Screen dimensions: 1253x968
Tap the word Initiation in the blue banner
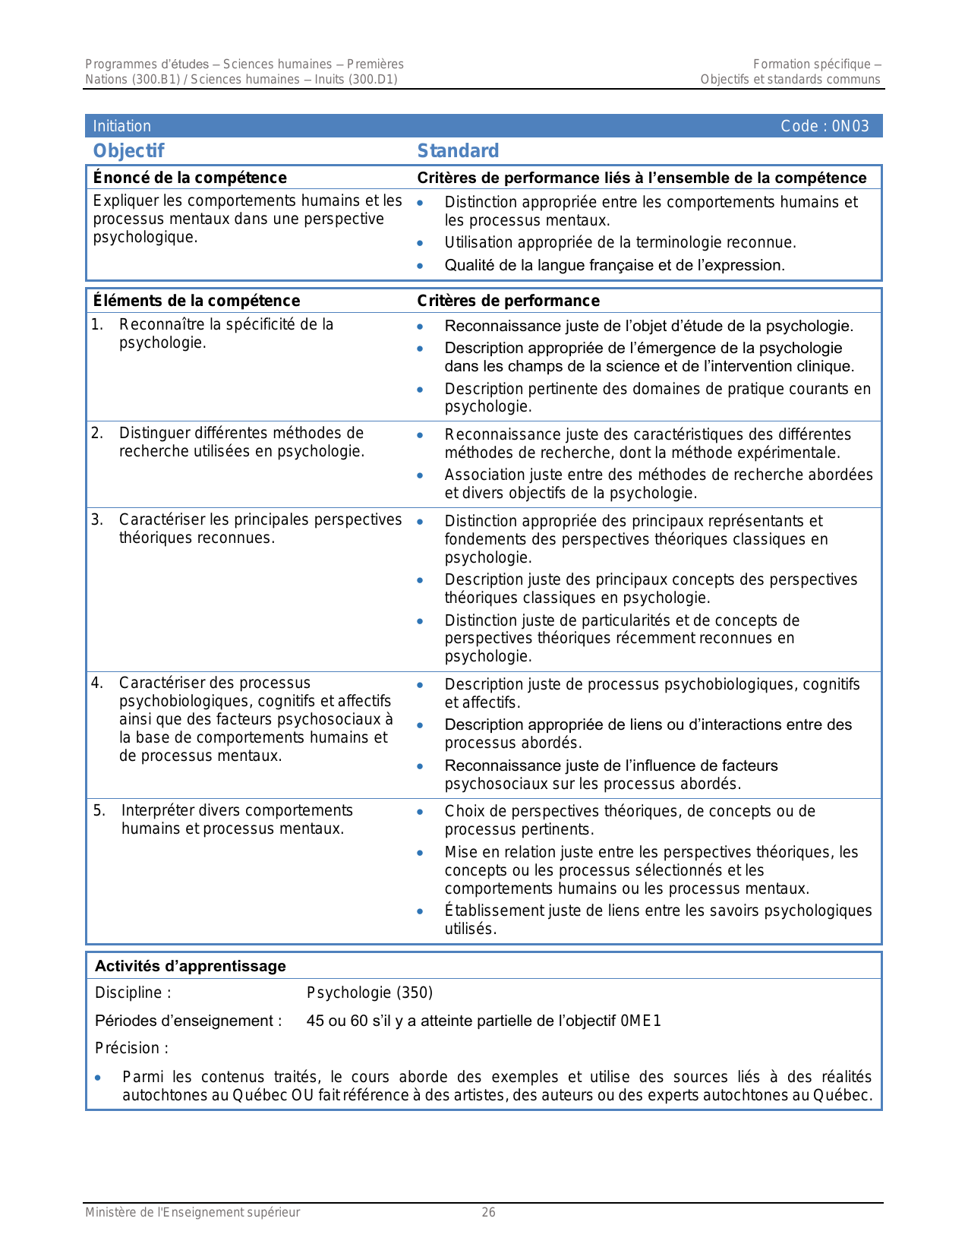click(122, 126)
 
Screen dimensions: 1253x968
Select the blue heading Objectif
click(128, 150)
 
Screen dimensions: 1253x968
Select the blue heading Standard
click(458, 150)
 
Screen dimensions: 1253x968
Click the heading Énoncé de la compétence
click(190, 178)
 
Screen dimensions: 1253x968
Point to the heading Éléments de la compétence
click(197, 301)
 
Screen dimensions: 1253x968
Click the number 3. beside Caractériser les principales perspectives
click(97, 519)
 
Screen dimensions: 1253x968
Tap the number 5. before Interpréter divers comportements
click(99, 810)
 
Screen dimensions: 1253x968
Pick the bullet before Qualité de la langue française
click(421, 266)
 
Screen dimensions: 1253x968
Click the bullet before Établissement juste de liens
click(421, 911)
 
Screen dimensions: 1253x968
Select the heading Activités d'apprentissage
click(191, 966)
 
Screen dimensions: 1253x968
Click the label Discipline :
click(133, 993)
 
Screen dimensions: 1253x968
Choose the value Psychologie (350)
click(370, 993)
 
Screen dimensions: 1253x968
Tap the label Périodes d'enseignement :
click(188, 1021)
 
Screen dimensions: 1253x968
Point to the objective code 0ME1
click(641, 1021)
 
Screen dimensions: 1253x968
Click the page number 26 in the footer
click(489, 1212)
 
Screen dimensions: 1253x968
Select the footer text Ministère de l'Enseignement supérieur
click(193, 1212)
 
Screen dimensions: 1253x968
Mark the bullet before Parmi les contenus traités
click(98, 1078)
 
